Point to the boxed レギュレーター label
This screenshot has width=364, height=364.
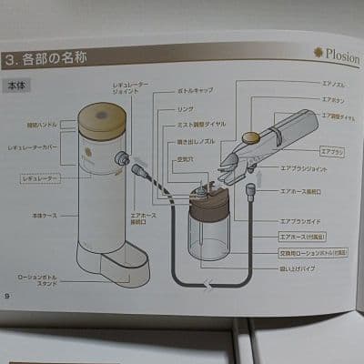tap(39, 180)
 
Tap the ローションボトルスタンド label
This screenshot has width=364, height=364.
tap(37, 279)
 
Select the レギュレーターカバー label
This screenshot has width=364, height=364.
tap(34, 146)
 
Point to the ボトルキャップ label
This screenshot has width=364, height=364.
tap(191, 94)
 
